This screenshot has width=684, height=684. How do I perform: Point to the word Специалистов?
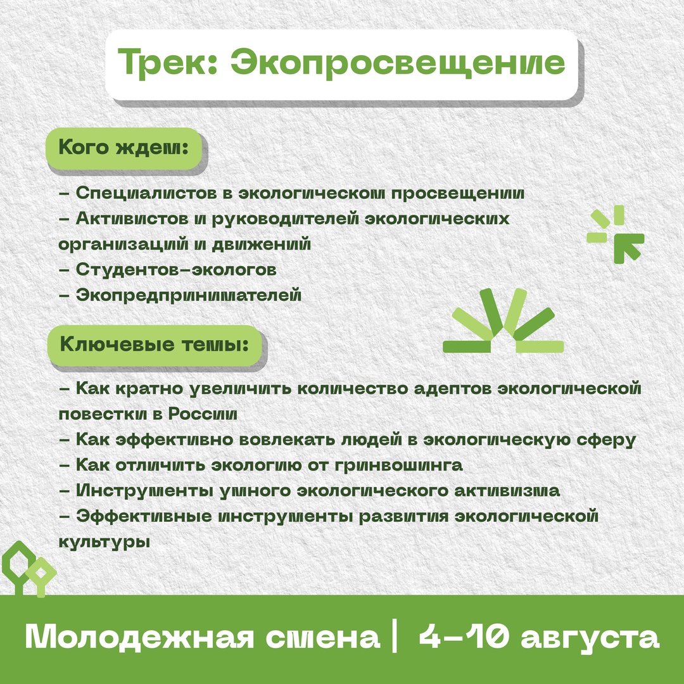coord(146,193)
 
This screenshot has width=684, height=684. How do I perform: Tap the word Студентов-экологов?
coord(176,270)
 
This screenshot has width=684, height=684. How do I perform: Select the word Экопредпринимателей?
coord(189,295)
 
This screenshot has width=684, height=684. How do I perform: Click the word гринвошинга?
coord(399,465)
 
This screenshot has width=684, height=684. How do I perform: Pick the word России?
coord(203,414)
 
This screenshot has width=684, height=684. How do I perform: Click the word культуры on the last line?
coord(104,542)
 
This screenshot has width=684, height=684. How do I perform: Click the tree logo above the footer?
coord(28,569)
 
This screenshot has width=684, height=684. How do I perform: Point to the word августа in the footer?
coord(590,638)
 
